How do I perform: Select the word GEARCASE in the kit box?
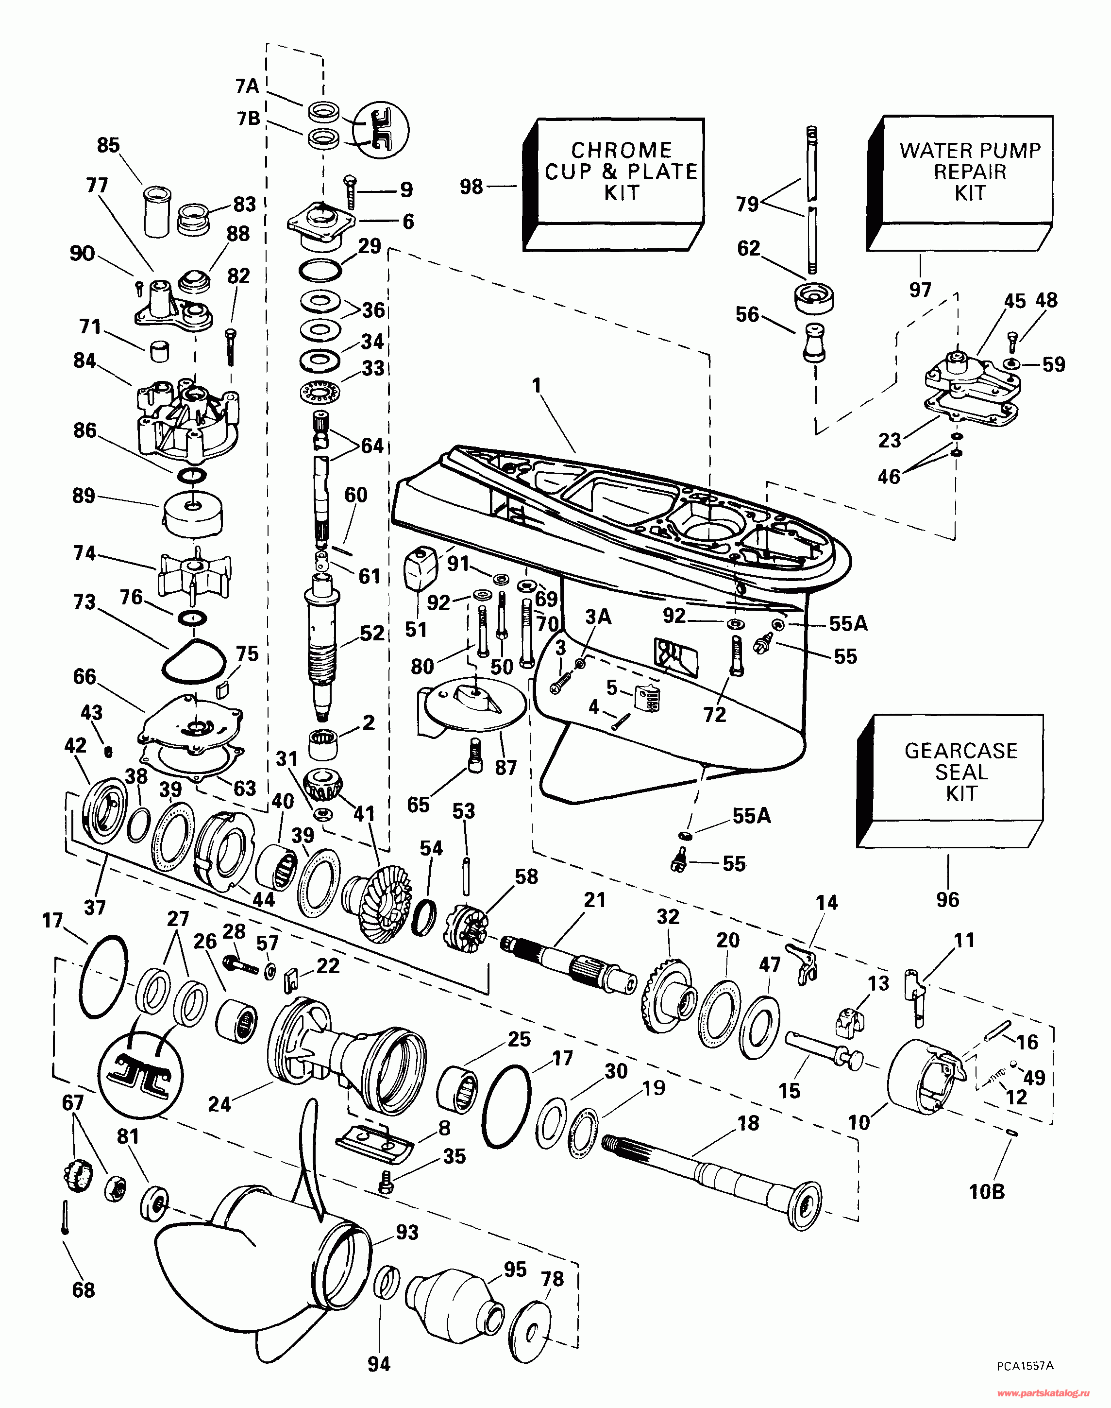pyautogui.click(x=961, y=750)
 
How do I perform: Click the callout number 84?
pyautogui.click(x=84, y=361)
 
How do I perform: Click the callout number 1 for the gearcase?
pyautogui.click(x=537, y=386)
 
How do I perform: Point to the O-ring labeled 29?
pyautogui.click(x=320, y=269)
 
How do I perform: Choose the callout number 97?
pyautogui.click(x=920, y=289)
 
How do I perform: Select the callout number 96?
pyautogui.click(x=948, y=899)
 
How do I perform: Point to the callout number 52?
pyautogui.click(x=372, y=633)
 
